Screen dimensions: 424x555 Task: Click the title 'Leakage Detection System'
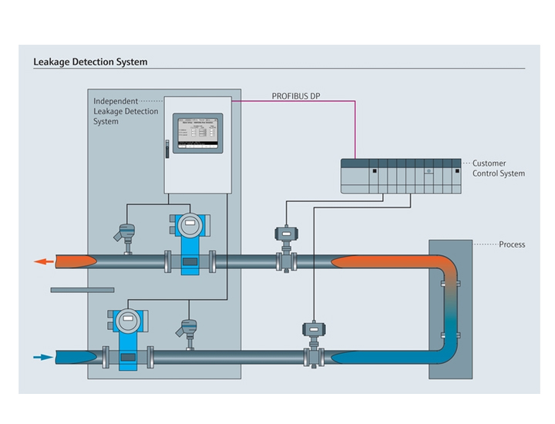(90, 62)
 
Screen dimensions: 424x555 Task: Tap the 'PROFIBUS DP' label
(296, 96)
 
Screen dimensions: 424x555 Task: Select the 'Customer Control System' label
(498, 168)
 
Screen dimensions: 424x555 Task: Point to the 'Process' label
(512, 244)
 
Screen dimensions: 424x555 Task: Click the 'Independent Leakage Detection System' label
(126, 111)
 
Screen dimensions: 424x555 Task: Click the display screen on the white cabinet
(197, 133)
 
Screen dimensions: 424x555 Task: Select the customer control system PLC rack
(401, 176)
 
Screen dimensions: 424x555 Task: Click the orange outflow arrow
(45, 262)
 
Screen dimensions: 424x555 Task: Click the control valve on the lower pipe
(314, 339)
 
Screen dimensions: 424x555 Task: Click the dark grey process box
(450, 308)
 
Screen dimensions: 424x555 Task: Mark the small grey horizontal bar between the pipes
(82, 290)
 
